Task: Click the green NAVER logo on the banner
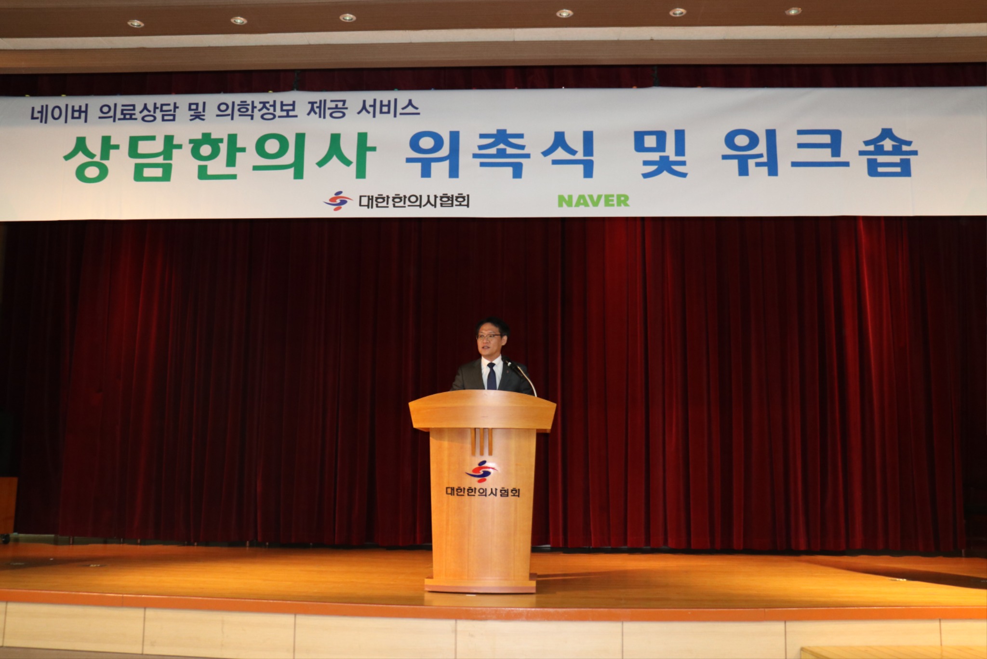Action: click(x=593, y=200)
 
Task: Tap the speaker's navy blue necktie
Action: click(x=491, y=376)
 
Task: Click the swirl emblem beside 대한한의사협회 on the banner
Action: click(x=337, y=200)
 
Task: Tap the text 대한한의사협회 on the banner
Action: click(x=413, y=200)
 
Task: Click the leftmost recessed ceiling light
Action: click(x=135, y=23)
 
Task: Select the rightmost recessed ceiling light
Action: click(x=793, y=11)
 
